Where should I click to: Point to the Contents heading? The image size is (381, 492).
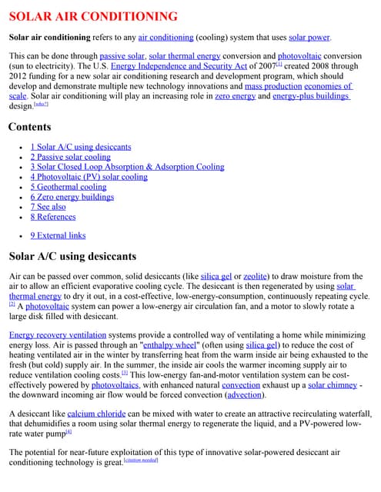30,126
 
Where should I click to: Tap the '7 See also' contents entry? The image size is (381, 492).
48,207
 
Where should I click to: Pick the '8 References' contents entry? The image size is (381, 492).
53,217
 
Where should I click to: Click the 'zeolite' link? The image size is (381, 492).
259,276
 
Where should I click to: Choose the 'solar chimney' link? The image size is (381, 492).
333,385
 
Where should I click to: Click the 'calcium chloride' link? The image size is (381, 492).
92,414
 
